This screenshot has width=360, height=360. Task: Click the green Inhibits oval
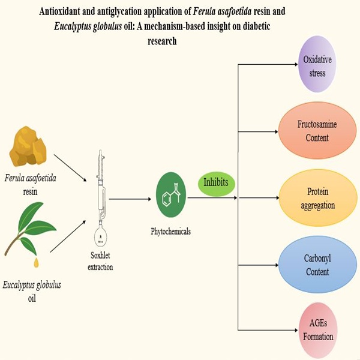click(x=217, y=181)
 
